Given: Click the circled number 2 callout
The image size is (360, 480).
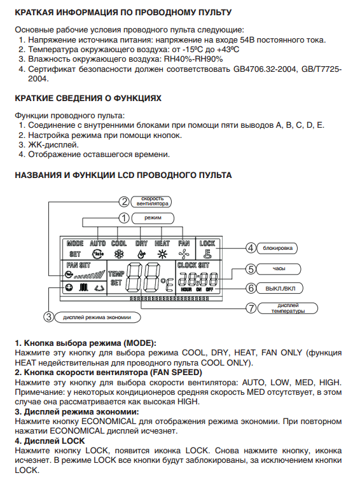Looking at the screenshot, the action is [x=124, y=202].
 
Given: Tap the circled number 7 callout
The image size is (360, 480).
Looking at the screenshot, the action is [x=251, y=308].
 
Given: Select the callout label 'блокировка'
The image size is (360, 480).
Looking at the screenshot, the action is [x=277, y=248].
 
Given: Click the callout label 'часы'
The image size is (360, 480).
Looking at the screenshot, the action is [x=279, y=269].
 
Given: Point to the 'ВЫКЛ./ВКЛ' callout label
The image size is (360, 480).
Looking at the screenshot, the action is [x=280, y=289].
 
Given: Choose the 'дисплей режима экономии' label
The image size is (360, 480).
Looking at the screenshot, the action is [x=97, y=317].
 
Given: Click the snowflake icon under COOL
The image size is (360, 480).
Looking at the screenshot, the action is [x=118, y=254].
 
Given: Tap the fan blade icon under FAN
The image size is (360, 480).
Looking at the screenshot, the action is [x=184, y=254].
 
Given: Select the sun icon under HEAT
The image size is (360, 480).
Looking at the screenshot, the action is [x=162, y=254].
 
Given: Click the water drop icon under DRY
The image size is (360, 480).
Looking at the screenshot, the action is [x=141, y=254].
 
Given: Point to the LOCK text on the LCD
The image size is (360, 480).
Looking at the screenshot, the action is [x=207, y=243].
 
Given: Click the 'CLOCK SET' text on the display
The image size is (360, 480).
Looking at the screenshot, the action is [x=193, y=265].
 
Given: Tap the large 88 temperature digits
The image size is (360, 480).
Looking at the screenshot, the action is [x=143, y=277].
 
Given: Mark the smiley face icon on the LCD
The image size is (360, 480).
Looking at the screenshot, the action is [x=69, y=287].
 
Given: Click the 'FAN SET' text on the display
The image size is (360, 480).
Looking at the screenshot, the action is [x=78, y=265].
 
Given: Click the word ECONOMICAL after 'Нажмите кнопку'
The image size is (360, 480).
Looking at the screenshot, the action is [x=109, y=422].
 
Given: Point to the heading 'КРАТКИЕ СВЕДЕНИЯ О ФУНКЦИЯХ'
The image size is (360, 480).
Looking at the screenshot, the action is [x=88, y=99].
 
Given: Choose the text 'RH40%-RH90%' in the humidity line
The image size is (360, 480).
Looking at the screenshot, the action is [x=193, y=59].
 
